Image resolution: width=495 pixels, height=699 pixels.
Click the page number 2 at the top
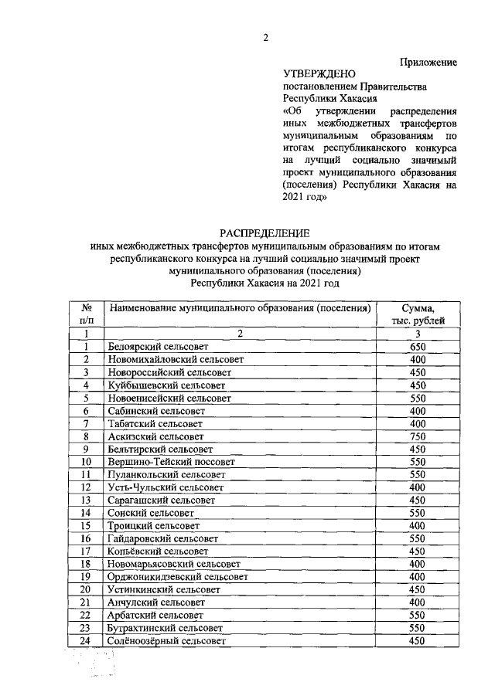coord(265,39)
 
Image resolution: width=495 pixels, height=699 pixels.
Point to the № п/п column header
coord(87,314)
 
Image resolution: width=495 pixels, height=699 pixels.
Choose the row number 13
coord(87,500)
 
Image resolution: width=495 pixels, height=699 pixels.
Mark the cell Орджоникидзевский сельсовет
coord(178,577)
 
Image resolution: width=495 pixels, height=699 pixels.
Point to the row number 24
coord(87,641)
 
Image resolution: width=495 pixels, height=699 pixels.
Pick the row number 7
coord(87,424)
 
